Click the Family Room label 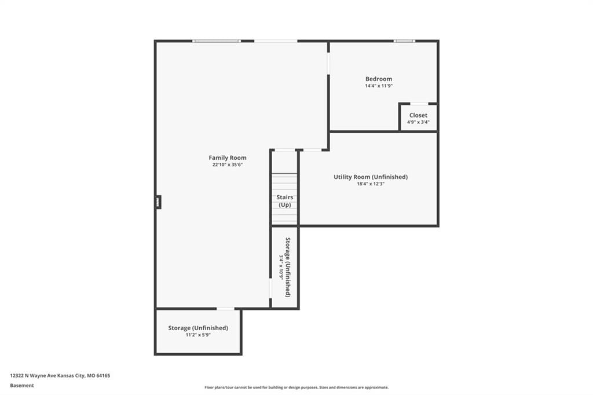(x=227, y=158)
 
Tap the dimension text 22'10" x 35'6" (x=227, y=165)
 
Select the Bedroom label (x=379, y=79)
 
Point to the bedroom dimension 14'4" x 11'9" (x=379, y=86)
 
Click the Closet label (x=418, y=115)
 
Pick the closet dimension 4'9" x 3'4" (x=418, y=122)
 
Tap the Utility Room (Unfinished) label (x=371, y=177)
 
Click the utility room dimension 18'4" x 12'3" (x=371, y=184)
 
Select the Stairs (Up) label (x=285, y=201)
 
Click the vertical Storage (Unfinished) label (x=288, y=267)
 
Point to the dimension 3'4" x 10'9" (x=281, y=267)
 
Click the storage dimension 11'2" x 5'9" (x=198, y=335)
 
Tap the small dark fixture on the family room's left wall (x=158, y=202)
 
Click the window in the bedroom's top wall (x=404, y=41)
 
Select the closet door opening (x=419, y=103)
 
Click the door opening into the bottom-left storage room (x=225, y=309)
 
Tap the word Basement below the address (x=22, y=386)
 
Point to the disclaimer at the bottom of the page (x=296, y=387)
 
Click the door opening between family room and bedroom (x=328, y=63)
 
